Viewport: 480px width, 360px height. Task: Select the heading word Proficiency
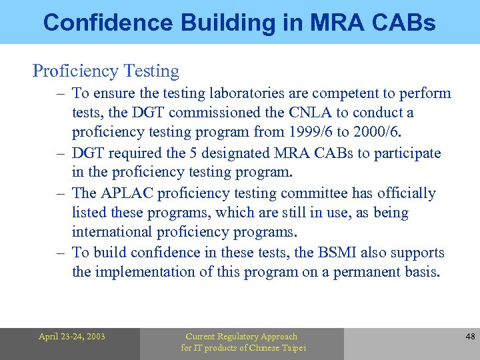[x=71, y=71]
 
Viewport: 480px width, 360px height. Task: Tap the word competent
[x=349, y=93]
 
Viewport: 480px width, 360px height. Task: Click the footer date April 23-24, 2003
[x=71, y=337]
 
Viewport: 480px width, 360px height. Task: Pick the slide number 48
[x=470, y=337]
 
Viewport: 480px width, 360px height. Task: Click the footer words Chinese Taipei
[x=275, y=348]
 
